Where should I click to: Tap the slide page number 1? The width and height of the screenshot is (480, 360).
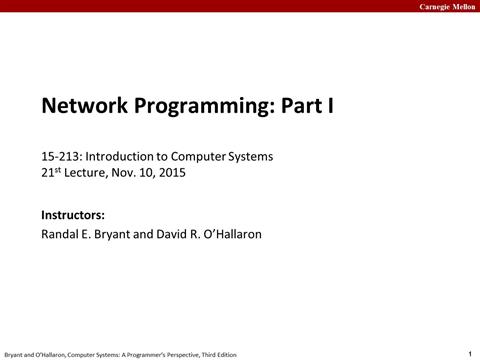[x=470, y=352]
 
